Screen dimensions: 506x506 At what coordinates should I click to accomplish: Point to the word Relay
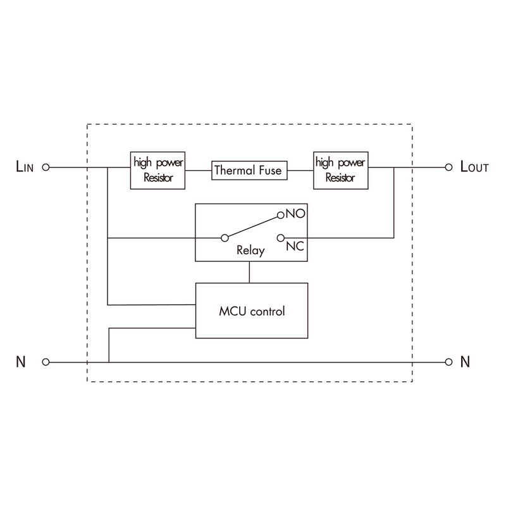[250, 250]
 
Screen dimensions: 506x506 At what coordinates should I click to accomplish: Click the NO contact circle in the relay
[281, 215]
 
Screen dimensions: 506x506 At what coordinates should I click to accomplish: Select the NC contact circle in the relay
[281, 238]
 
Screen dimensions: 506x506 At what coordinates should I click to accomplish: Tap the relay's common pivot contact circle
[225, 238]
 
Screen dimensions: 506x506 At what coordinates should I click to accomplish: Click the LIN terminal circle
[46, 168]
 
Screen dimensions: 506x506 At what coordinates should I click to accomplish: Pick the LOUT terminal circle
[448, 168]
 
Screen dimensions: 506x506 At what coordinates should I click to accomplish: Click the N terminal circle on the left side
[46, 362]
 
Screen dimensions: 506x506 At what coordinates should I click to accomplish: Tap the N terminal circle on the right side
[448, 362]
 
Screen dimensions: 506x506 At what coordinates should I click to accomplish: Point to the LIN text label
[25, 167]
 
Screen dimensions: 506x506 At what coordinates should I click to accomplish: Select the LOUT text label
[474, 167]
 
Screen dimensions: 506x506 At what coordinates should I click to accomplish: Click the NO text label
[295, 213]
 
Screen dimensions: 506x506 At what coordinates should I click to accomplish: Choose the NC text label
[295, 246]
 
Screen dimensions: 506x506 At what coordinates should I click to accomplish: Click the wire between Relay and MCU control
[249, 273]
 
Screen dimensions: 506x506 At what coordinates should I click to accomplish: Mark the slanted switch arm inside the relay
[253, 226]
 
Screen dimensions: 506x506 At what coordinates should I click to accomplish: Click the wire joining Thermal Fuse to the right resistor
[300, 170]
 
